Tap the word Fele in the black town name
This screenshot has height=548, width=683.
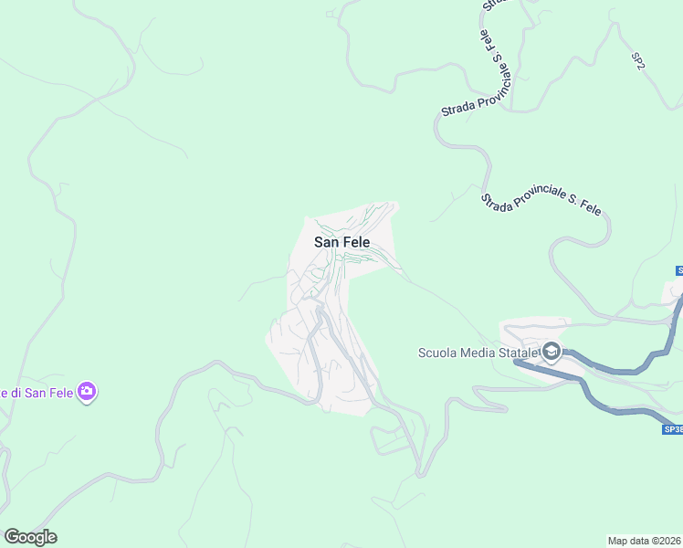coord(355,243)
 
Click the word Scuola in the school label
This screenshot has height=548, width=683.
coord(437,353)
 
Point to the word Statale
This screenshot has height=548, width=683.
coord(520,353)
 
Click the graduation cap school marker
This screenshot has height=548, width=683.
coord(552,352)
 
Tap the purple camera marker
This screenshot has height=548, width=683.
coord(87,393)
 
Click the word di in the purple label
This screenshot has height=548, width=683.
coord(13,393)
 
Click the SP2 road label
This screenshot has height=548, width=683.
coord(638,61)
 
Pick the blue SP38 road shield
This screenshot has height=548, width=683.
coord(672,428)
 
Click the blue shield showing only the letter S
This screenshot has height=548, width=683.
coord(678,270)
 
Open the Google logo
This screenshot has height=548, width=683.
coord(30,537)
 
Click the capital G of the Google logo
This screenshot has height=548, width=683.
coord(12,537)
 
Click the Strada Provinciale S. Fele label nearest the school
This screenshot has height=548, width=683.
coord(541,204)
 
